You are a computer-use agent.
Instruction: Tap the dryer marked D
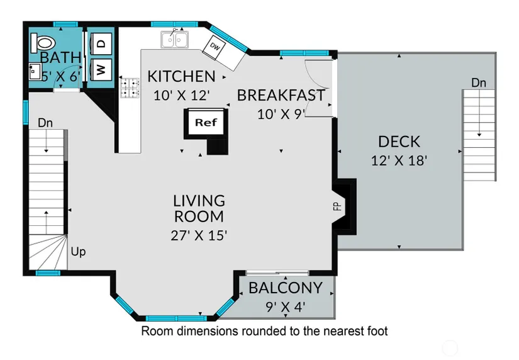101,43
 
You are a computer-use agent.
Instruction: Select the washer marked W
101,70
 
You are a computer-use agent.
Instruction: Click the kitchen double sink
175,40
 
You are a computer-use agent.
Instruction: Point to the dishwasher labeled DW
215,48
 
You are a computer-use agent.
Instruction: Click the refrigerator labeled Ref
206,123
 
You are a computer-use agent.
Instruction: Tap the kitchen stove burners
130,87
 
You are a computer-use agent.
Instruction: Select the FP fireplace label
337,206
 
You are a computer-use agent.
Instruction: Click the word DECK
399,142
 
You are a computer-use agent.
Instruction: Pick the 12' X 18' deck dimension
399,160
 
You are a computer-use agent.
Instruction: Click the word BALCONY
286,288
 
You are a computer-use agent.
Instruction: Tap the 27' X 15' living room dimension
199,235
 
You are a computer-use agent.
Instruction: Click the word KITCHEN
181,77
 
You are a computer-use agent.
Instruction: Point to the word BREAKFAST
281,96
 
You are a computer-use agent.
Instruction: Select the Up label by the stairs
79,252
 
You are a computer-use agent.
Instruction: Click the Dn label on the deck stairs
479,82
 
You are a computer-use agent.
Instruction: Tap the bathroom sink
35,71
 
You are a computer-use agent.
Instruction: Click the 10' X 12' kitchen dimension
182,96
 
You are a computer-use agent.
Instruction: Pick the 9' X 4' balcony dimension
286,307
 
